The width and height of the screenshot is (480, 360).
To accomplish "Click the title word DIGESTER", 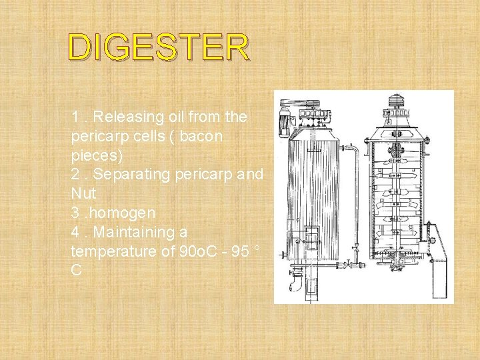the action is click(x=159, y=47).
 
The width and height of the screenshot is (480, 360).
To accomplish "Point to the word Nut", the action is click(x=83, y=193).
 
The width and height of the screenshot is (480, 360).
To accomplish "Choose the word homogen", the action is click(x=124, y=213).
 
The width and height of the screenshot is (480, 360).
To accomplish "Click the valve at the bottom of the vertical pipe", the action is click(x=347, y=265).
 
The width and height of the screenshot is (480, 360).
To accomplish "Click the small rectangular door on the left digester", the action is click(x=311, y=235).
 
